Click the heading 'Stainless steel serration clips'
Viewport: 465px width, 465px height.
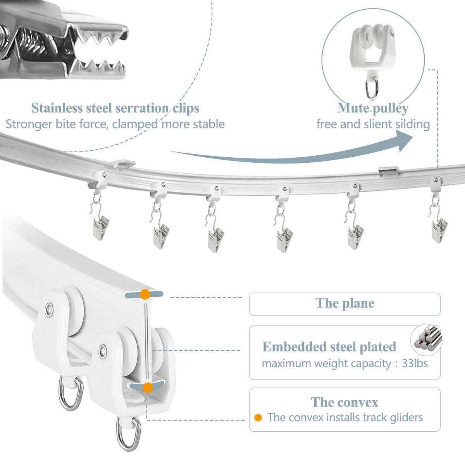pos(115,108)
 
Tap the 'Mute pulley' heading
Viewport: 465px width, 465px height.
pos(373,108)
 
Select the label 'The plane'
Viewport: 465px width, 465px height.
pos(345,303)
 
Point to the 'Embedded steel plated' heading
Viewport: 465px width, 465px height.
pos(329,346)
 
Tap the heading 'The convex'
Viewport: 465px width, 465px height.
pos(344,402)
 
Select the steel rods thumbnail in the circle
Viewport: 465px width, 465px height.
pos(426,339)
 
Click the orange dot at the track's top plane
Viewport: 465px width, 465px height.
pos(145,294)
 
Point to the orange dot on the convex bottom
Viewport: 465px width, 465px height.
pos(147,387)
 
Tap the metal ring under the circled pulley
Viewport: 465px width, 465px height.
pos(372,90)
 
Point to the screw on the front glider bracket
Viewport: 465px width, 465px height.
pos(102,351)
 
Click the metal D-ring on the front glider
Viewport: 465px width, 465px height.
pos(128,433)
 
